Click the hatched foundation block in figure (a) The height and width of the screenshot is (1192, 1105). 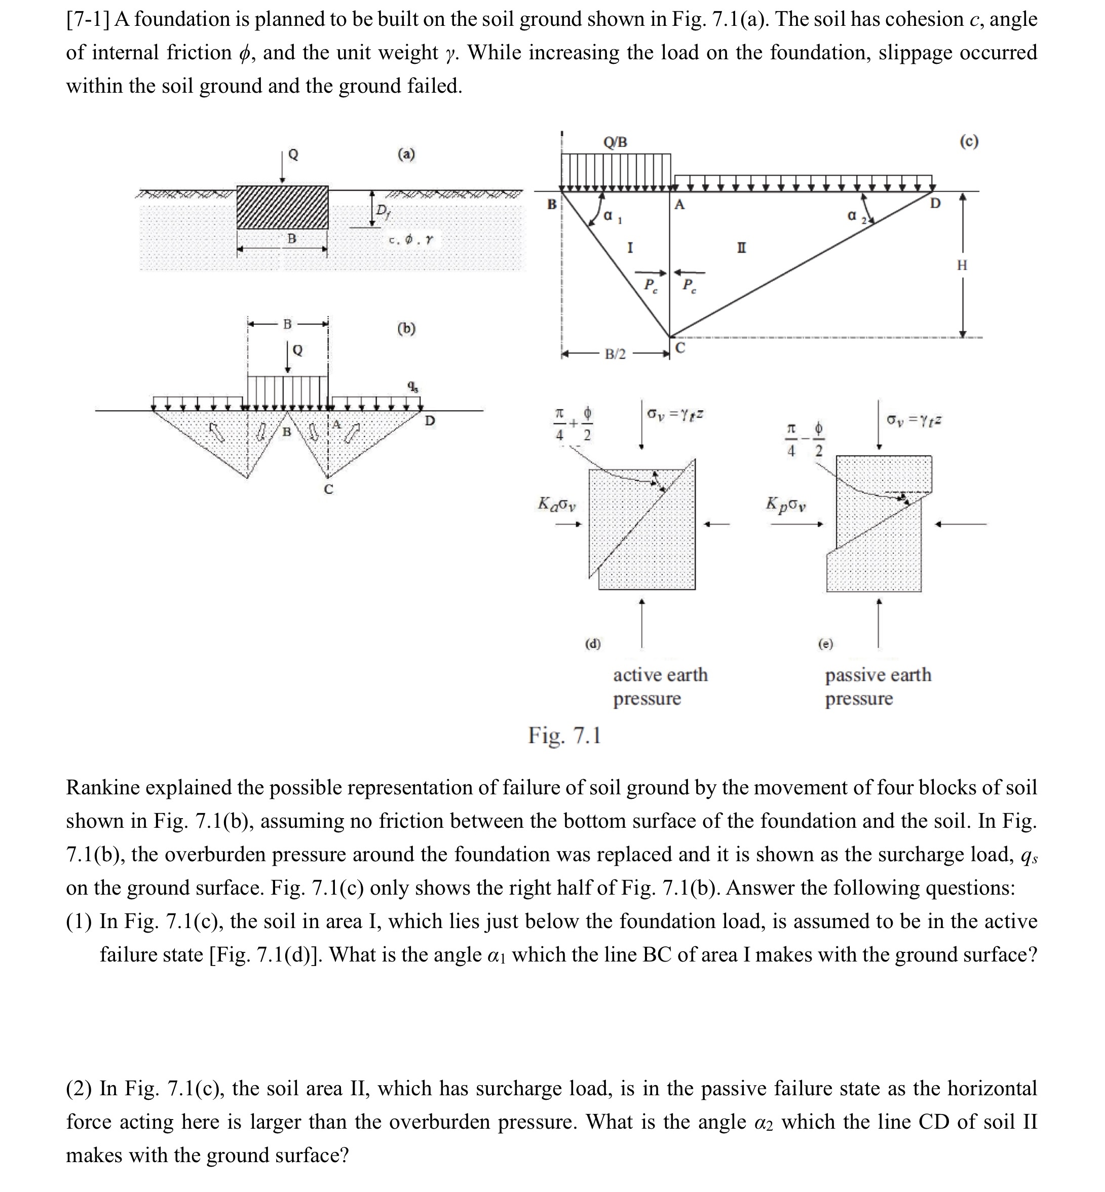[282, 207]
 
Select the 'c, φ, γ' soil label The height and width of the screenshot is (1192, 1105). [410, 240]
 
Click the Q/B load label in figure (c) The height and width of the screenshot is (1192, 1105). [615, 142]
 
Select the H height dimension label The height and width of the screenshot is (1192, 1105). [962, 265]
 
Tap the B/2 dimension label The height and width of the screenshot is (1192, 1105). [615, 355]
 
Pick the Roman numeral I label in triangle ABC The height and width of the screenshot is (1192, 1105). [630, 247]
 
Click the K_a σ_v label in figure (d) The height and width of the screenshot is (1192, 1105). [557, 504]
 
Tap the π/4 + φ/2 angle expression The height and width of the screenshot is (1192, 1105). [573, 425]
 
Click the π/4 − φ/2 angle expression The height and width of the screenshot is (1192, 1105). [805, 441]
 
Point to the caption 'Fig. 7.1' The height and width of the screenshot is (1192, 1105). [564, 735]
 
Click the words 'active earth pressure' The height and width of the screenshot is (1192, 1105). [660, 686]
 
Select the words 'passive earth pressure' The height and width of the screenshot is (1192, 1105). [877, 686]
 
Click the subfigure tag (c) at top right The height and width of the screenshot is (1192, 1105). [969, 142]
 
